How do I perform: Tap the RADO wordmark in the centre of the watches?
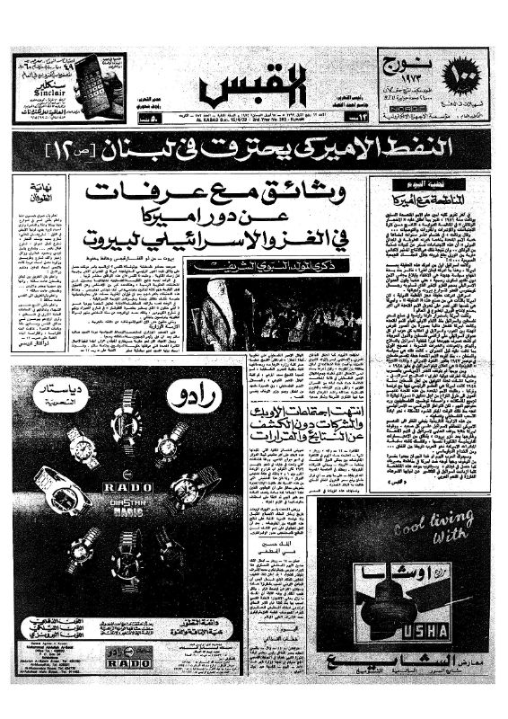pyautogui.click(x=124, y=490)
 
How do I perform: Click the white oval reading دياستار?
pyautogui.click(x=60, y=395)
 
